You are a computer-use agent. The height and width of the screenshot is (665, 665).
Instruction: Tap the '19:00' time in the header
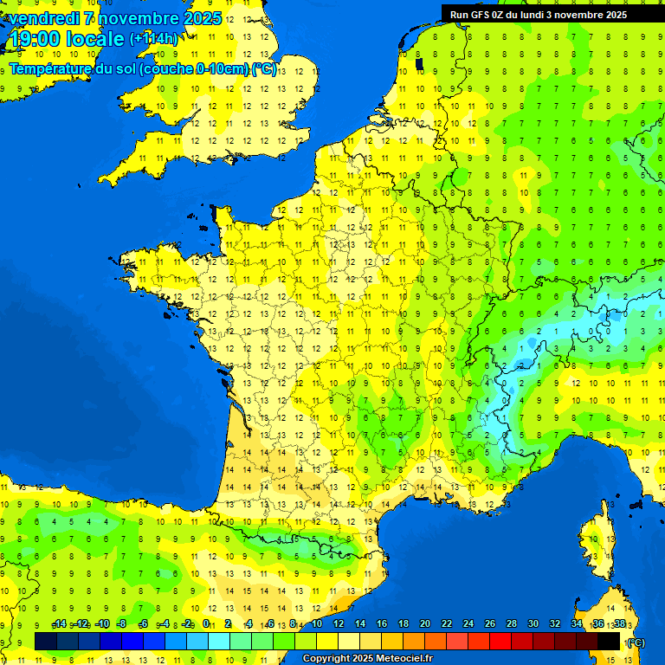coord(34,39)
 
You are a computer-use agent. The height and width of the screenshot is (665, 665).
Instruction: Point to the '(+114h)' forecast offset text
coord(153,39)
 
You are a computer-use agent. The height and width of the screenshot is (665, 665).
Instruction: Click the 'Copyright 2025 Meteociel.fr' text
coord(367,658)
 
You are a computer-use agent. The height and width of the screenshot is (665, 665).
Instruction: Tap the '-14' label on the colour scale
coord(60,624)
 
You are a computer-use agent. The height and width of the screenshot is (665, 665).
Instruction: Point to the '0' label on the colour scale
coord(206,624)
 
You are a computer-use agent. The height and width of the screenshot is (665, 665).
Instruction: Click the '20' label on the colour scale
coord(424,624)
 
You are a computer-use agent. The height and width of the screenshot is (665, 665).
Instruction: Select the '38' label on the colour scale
coord(619,624)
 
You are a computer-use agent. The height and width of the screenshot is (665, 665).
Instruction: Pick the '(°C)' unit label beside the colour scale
coord(636,642)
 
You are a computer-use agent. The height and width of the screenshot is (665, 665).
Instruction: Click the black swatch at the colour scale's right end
coord(609,641)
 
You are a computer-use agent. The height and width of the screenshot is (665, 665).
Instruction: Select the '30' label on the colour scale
coord(533,624)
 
